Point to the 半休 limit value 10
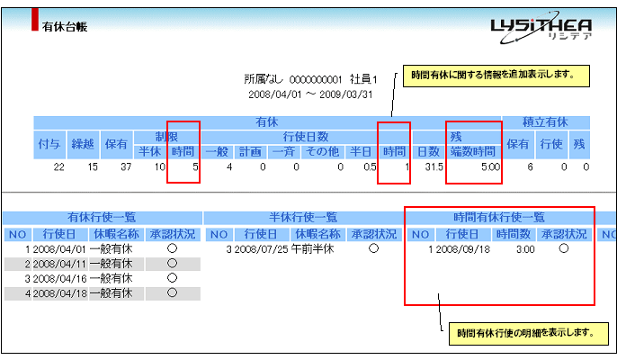pos(158,166)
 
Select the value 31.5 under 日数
pos(433,166)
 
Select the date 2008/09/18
pos(461,249)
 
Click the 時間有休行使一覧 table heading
pos(499,217)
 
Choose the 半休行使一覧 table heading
pos(303,217)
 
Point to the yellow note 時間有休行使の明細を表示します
pos(523,333)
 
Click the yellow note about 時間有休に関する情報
pos(488,74)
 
